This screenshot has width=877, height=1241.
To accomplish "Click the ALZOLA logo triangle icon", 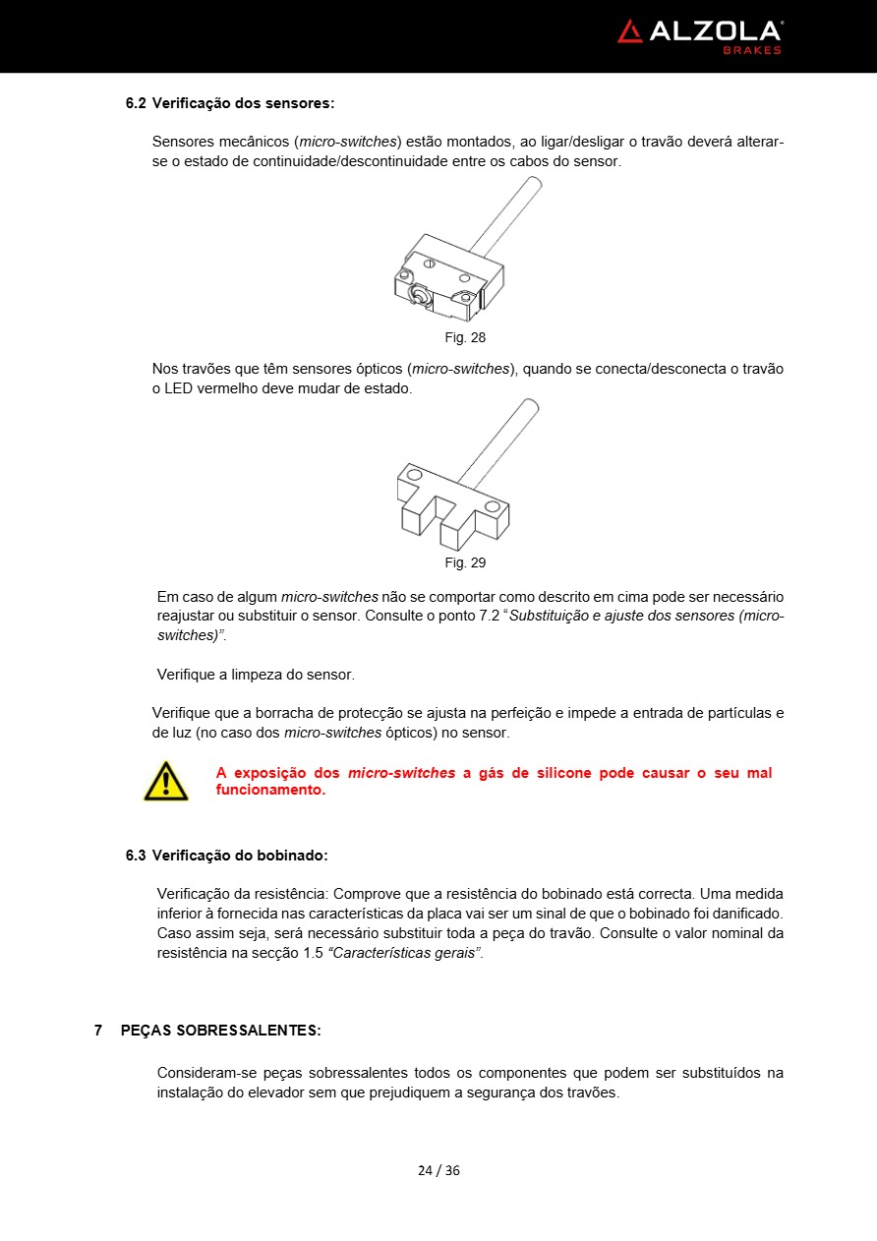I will pos(630,31).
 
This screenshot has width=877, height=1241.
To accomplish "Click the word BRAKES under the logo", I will pos(752,50).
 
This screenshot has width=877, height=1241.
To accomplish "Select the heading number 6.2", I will pos(136,103).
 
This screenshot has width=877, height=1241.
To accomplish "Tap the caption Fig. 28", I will pos(465,337).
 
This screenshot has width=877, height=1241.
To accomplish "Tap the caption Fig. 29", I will pos(465,562).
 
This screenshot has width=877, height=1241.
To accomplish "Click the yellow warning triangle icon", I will pos(165,781).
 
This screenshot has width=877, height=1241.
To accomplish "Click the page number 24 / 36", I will pos(438,1170).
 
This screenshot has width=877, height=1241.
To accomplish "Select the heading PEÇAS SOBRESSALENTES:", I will pos(220,1031).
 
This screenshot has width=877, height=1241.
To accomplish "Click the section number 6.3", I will pos(136,856).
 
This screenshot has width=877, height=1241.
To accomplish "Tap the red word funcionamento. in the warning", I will pos(270,790).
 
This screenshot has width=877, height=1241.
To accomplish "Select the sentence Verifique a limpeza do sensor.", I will pos(256,675).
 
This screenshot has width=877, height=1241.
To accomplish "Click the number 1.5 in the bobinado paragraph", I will pos(315,954).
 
